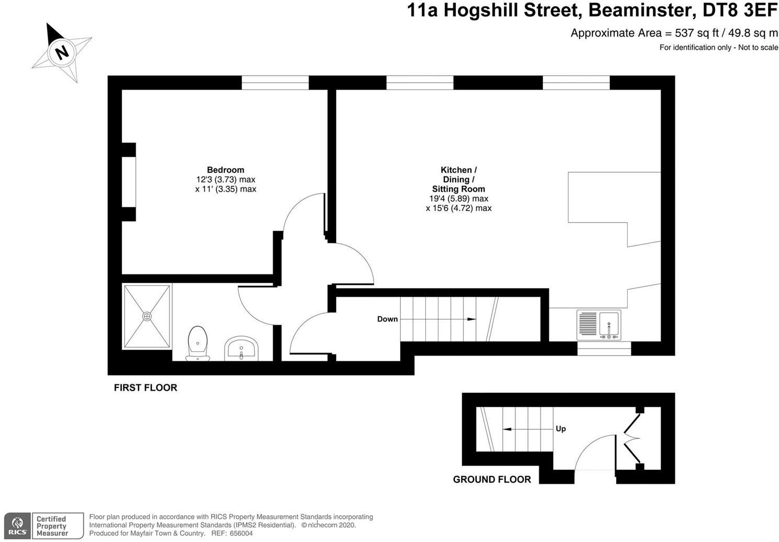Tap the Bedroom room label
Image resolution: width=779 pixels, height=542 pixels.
tap(225, 170)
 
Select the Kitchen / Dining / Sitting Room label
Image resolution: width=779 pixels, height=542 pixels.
tap(458, 179)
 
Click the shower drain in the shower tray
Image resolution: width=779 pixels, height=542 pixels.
tap(147, 316)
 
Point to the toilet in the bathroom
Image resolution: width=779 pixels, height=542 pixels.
tap(198, 343)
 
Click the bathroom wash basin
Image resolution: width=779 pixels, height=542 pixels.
tap(241, 348)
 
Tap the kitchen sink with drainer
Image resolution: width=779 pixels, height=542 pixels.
tap(599, 325)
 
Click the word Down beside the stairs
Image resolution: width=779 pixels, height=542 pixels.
tap(387, 319)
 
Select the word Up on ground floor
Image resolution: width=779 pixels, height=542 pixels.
tap(561, 428)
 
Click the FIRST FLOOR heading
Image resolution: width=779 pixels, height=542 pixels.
tap(146, 388)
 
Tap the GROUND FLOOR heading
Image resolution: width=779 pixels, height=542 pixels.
tap(491, 479)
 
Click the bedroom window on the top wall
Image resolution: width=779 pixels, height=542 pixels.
tap(275, 83)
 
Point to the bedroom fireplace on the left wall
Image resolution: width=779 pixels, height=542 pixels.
tap(129, 182)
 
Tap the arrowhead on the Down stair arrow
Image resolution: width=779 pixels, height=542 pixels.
tap(471, 319)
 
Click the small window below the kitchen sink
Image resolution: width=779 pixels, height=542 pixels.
tap(604, 349)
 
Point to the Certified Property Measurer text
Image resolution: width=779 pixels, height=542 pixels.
tap(52, 526)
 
